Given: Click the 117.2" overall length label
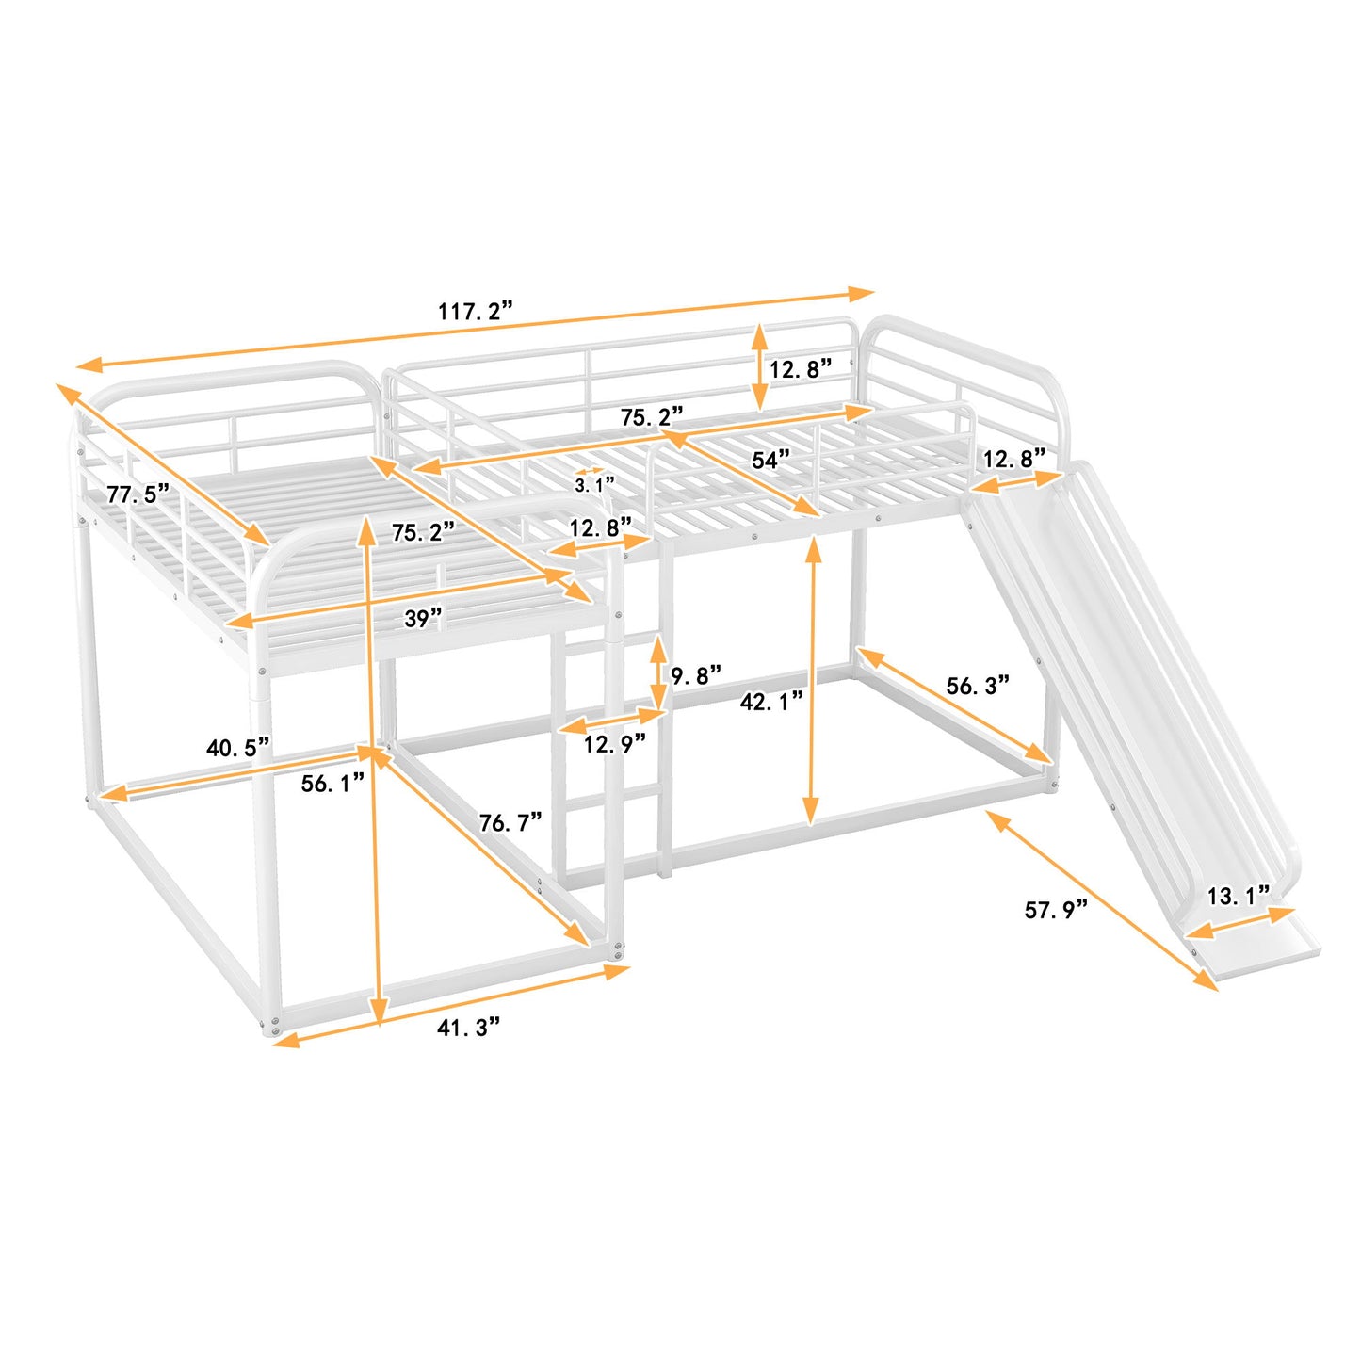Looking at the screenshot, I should pyautogui.click(x=475, y=311).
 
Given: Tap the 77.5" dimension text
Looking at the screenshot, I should pyautogui.click(x=138, y=493).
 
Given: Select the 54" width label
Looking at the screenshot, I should pyautogui.click(x=770, y=460).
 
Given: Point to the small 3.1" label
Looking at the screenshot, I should pyautogui.click(x=594, y=485).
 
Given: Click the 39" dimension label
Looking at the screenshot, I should pyautogui.click(x=423, y=618).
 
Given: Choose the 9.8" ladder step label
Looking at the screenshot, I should pyautogui.click(x=696, y=674).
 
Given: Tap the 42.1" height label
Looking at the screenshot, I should pyautogui.click(x=770, y=701).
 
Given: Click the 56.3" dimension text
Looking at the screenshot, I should pyautogui.click(x=977, y=686).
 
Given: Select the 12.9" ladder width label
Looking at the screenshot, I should pyautogui.click(x=614, y=744).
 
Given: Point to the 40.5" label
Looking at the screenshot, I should pyautogui.click(x=237, y=748).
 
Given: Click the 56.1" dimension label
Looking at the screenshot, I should pyautogui.click(x=332, y=783).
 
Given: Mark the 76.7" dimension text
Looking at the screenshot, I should pyautogui.click(x=510, y=822).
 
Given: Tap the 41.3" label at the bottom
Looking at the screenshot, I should pyautogui.click(x=468, y=1028).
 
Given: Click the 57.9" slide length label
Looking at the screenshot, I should pyautogui.click(x=1055, y=909).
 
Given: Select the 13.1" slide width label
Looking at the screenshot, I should pyautogui.click(x=1238, y=896).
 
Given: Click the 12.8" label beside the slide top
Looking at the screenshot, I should pyautogui.click(x=1013, y=459).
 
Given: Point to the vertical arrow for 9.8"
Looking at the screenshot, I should pyautogui.click(x=657, y=672).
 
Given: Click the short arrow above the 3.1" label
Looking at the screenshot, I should pyautogui.click(x=591, y=471).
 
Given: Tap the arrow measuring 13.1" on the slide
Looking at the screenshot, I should pyautogui.click(x=1240, y=922).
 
